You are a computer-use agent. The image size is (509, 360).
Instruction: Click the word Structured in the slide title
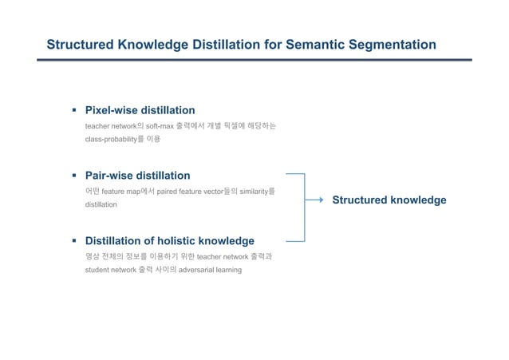pos(81,45)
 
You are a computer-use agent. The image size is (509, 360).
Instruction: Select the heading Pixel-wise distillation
pos(140,110)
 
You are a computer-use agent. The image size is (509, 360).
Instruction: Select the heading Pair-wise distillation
pos(137,175)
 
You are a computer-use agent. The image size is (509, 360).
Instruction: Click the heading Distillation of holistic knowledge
pos(169,240)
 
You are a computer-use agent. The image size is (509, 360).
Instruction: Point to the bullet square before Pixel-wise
pos(73,110)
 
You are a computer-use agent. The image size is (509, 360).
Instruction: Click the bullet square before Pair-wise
pos(73,175)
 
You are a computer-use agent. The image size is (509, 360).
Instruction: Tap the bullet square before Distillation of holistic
pos(73,240)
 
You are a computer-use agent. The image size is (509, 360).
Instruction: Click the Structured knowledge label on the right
pos(389,200)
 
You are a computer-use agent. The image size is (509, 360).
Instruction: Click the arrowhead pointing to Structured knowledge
pos(320,200)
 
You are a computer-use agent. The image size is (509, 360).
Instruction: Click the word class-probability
pos(114,140)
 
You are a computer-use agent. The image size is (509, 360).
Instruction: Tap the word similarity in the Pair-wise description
pos(252,192)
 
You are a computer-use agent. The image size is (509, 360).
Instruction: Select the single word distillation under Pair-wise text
pos(101,205)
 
